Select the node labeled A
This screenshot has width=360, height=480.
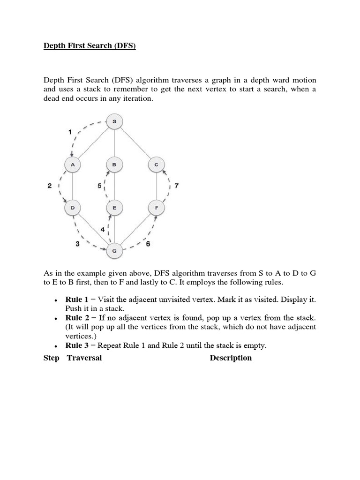tap(73, 165)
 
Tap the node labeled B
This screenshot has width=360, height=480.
tap(114, 165)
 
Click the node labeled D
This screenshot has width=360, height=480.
tap(73, 207)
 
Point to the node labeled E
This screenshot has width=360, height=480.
tap(114, 207)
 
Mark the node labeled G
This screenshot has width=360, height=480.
tap(114, 251)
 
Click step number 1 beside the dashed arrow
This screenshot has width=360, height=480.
tap(70, 132)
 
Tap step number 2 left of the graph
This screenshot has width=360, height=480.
tap(49, 186)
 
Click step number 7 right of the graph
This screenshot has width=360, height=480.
tap(176, 186)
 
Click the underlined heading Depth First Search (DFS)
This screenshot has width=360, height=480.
tap(90, 46)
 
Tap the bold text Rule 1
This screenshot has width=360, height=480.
tap(77, 299)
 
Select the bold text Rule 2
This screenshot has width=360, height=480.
tap(77, 318)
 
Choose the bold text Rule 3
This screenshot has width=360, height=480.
tap(77, 346)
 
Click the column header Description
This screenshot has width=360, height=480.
tap(231, 358)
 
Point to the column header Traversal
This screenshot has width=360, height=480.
tap(84, 358)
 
